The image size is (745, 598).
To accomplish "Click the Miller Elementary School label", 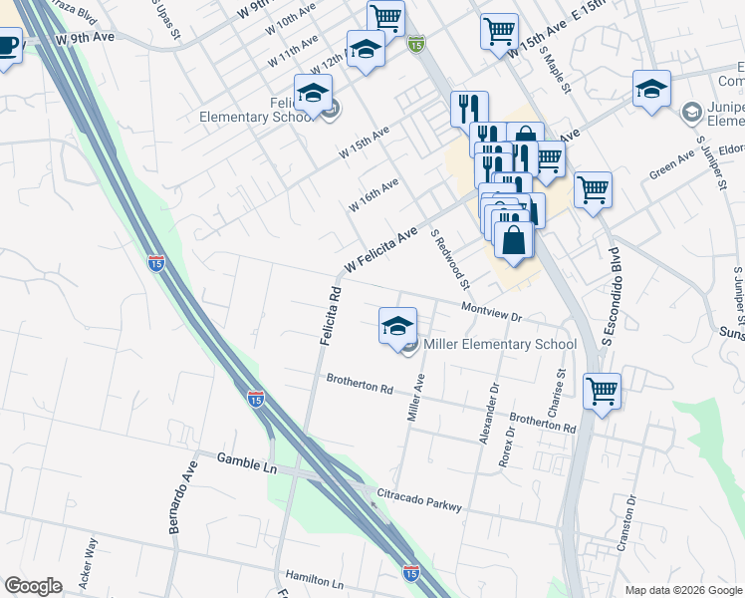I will click(x=500, y=345).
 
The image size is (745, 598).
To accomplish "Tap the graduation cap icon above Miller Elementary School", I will click(x=397, y=325).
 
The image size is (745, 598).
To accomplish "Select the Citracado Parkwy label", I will click(x=418, y=499).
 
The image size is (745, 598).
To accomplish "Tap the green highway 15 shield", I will click(x=416, y=44).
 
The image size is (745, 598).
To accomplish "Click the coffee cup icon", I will click(x=6, y=46).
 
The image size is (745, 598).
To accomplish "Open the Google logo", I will click(x=33, y=585).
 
